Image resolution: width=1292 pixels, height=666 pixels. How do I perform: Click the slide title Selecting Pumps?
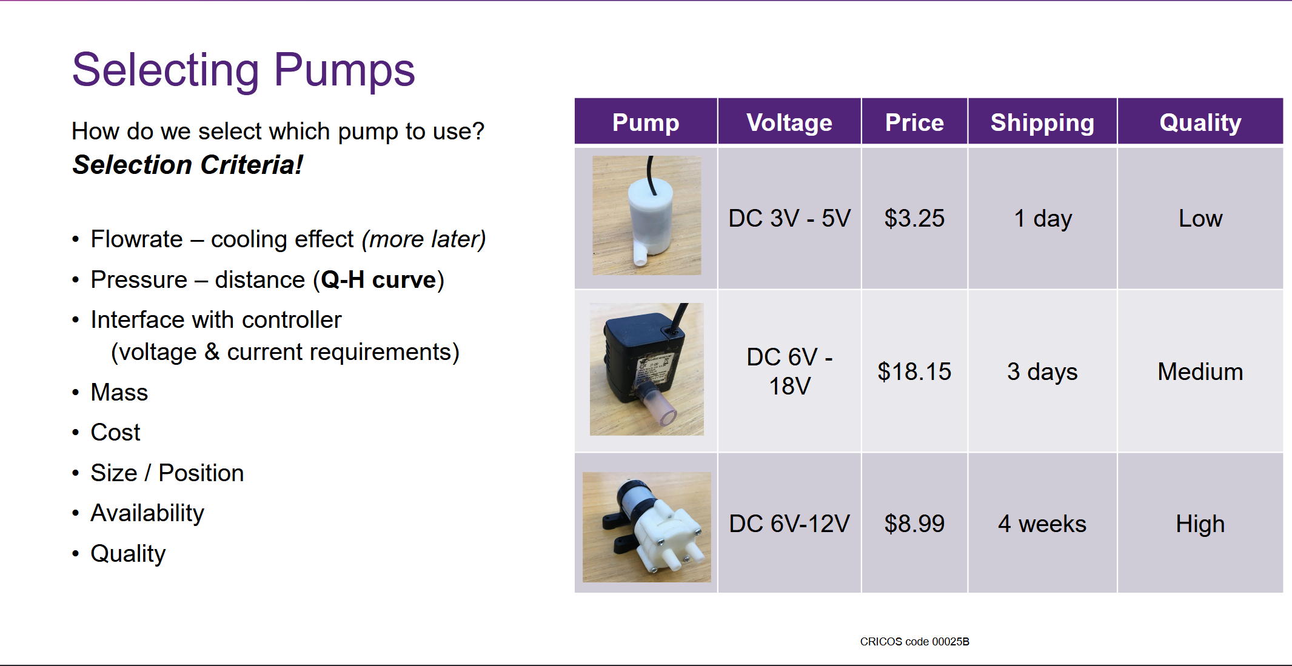click(243, 70)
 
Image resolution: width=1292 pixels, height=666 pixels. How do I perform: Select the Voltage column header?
click(789, 122)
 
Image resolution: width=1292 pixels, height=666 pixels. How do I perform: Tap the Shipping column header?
click(1042, 122)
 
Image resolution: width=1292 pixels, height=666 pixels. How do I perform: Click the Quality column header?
click(1200, 122)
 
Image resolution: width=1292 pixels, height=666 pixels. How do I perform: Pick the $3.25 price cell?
click(914, 218)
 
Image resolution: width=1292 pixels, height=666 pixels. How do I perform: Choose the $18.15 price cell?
click(914, 371)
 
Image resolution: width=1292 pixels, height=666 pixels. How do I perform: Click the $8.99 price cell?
click(914, 524)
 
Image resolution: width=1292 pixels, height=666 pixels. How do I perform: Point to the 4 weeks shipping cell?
click(1042, 524)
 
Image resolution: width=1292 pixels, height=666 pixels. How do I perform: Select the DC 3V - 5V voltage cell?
click(789, 218)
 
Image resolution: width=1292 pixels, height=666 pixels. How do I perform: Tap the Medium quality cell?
click(1200, 371)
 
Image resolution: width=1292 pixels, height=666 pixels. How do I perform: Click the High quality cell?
click(1200, 524)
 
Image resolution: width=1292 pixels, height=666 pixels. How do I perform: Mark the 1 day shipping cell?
click(1043, 219)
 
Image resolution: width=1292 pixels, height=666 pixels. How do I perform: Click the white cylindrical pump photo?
click(647, 216)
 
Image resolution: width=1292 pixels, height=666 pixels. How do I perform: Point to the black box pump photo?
click(647, 369)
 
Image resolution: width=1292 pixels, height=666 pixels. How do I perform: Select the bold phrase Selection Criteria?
click(187, 165)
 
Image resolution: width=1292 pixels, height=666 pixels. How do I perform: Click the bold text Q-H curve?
click(378, 280)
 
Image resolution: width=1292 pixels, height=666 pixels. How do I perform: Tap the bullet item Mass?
click(119, 393)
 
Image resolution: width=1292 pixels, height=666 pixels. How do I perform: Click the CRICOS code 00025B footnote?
click(914, 642)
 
